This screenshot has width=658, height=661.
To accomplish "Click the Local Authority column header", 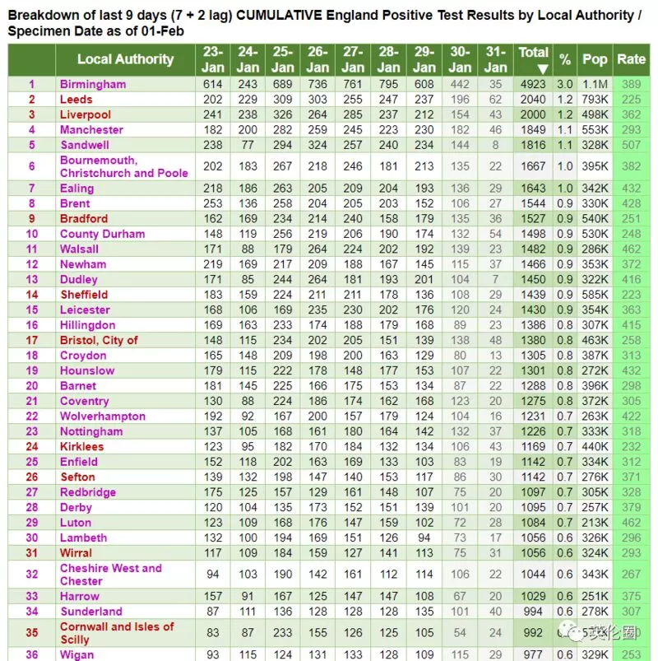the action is (x=125, y=59).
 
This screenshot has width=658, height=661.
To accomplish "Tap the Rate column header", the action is (x=631, y=59).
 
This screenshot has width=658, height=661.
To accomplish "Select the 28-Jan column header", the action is (x=388, y=59).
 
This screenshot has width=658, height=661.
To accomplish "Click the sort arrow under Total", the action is (x=543, y=68).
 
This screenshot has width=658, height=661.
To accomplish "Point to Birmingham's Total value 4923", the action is (x=533, y=84).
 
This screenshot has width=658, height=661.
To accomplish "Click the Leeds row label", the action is (x=76, y=100).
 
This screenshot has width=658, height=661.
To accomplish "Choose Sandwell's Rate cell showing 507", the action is (x=631, y=145).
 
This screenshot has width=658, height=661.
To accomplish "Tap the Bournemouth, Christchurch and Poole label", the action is (x=124, y=166).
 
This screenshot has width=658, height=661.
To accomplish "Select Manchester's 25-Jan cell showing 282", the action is (x=282, y=130).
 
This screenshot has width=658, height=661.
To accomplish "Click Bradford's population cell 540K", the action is (x=595, y=219).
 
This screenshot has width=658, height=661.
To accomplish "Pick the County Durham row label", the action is (x=102, y=234).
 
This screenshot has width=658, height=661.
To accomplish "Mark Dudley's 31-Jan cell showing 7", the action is (x=495, y=280).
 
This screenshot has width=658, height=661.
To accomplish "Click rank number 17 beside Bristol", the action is (x=32, y=340).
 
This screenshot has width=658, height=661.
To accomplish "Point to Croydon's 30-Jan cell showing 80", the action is (x=460, y=356).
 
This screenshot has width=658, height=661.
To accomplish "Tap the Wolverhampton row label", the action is (x=103, y=416).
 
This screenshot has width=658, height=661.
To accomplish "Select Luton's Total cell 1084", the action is (x=533, y=523).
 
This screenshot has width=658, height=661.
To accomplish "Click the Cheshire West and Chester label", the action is (x=111, y=575).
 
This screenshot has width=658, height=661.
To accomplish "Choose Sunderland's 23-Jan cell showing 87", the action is (x=213, y=612).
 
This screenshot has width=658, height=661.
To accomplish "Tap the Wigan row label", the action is (x=76, y=654).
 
